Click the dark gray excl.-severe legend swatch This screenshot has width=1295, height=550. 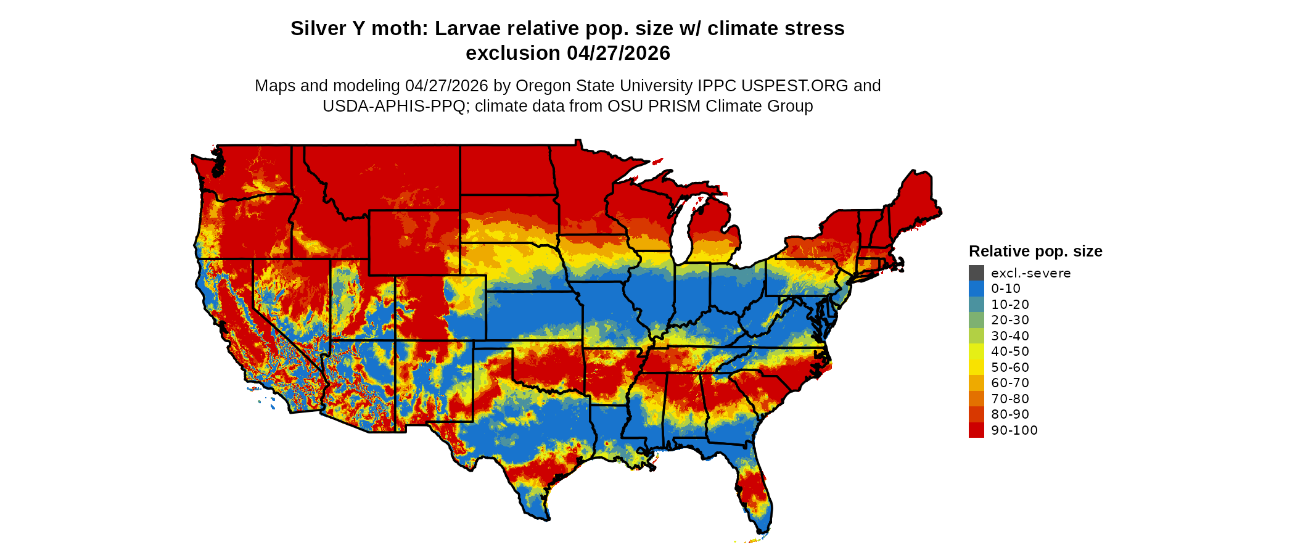coord(976,273)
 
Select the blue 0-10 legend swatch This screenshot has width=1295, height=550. coord(976,289)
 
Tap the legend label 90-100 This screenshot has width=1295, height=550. coord(1014,430)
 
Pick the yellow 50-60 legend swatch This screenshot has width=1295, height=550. coord(976,367)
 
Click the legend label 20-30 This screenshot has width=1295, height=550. coord(1009,320)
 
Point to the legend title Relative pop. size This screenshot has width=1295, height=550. coord(1035,252)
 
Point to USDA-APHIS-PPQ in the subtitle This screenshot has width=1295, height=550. coord(394,106)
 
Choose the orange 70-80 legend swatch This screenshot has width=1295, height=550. coord(976,399)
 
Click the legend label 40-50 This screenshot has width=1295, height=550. coord(1009,351)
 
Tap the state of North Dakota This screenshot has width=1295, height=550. coord(505,170)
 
